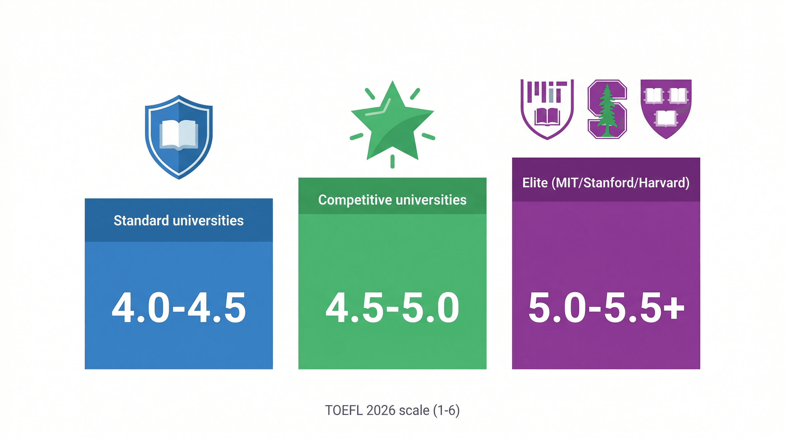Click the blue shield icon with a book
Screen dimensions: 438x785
click(179, 137)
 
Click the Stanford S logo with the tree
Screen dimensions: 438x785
click(607, 109)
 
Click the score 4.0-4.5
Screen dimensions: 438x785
click(179, 308)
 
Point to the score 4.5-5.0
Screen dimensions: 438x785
click(392, 308)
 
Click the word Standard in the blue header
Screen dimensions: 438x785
click(141, 220)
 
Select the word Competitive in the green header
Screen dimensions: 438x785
click(355, 200)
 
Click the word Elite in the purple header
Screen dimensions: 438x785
click(535, 183)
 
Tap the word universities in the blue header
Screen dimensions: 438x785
click(208, 220)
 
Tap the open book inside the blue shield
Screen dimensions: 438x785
click(179, 134)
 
